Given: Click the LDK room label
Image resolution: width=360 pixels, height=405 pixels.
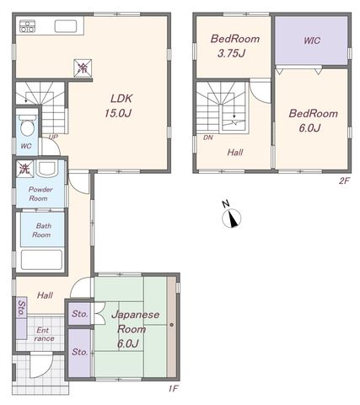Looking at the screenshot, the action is click(x=121, y=99).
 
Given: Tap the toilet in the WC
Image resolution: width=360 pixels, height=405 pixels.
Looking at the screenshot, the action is click(x=27, y=125).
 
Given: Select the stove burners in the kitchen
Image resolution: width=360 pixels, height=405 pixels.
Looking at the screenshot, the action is click(x=27, y=26).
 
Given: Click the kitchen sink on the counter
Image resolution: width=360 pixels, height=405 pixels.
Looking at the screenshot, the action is click(x=66, y=26).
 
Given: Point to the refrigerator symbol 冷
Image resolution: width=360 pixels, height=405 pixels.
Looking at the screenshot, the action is click(x=83, y=67).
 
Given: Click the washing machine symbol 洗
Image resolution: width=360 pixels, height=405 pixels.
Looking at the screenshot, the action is click(x=24, y=169).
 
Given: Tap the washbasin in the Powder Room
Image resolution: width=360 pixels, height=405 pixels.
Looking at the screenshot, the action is click(x=47, y=169).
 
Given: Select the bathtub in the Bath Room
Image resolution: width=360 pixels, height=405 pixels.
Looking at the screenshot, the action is click(x=42, y=260).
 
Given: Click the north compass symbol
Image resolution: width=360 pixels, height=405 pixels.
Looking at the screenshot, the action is click(x=232, y=218).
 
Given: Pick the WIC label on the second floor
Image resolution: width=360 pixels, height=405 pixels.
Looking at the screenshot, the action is click(x=312, y=40).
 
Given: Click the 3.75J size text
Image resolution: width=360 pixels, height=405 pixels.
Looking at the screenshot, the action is click(x=231, y=53).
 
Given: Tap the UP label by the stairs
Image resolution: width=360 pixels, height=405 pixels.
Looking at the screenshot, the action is click(x=53, y=137).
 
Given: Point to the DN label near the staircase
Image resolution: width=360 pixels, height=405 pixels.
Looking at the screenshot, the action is click(x=208, y=138).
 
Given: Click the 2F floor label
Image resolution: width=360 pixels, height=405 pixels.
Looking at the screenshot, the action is click(x=344, y=181).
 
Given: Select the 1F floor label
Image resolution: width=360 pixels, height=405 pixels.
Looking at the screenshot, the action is click(x=174, y=389).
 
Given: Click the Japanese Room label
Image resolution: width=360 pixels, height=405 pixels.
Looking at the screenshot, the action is click(x=136, y=321).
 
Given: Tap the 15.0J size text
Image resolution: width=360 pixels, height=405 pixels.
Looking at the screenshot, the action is click(x=118, y=113).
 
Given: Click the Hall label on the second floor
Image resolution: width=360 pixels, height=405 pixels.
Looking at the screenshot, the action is click(x=235, y=153).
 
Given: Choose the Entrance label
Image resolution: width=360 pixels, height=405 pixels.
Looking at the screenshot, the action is click(x=44, y=334).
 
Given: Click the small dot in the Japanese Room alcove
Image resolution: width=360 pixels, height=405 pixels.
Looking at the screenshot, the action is click(x=171, y=325).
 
